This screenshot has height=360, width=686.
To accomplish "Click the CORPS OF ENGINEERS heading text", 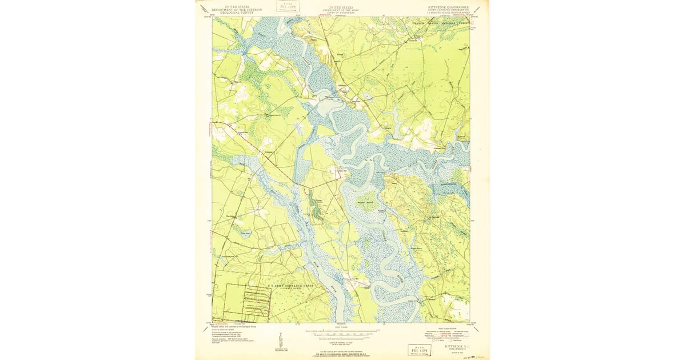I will pyautogui.click(x=341, y=12).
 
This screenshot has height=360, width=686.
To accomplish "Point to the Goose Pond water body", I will pyautogui.click(x=245, y=233).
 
